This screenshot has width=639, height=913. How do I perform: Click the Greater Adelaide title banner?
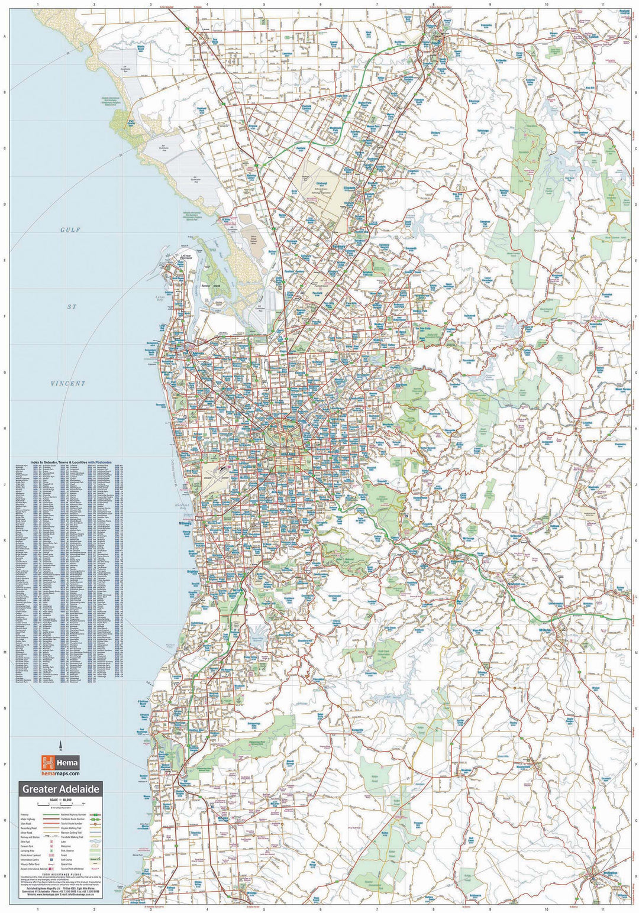pos(62,789)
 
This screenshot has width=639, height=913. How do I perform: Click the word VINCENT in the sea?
pos(67,384)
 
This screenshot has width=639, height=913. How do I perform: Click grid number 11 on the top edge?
pos(602,5)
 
